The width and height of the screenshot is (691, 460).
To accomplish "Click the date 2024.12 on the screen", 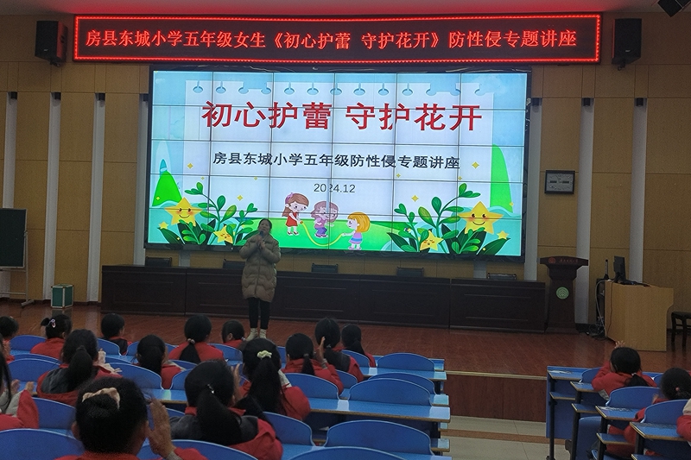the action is pyautogui.click(x=334, y=188).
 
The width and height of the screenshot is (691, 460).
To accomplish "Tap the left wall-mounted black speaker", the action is pyautogui.click(x=51, y=41).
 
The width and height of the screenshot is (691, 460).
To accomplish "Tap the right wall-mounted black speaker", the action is pyautogui.click(x=625, y=41).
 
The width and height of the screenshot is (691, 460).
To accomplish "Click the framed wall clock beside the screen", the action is pyautogui.click(x=560, y=182).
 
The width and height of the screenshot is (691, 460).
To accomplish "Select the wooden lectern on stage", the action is pyautogui.click(x=564, y=293).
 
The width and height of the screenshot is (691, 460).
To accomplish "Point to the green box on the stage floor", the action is pyautogui.click(x=62, y=295).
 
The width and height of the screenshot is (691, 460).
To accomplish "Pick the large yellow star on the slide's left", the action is pyautogui.click(x=184, y=211).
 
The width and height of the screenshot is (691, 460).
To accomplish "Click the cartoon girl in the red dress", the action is pyautogui.click(x=295, y=213).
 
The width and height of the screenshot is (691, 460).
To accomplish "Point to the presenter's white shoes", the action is pyautogui.click(x=257, y=334).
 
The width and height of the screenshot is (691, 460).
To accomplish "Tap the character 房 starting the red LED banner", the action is pyautogui.click(x=93, y=39).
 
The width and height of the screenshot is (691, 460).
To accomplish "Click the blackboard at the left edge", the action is pyautogui.click(x=12, y=237).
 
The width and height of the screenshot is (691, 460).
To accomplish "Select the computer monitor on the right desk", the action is pyautogui.click(x=619, y=268).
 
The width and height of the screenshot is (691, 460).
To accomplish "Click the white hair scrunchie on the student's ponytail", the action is pyautogui.click(x=264, y=354).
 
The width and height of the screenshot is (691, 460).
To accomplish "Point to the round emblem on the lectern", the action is pyautogui.click(x=561, y=293).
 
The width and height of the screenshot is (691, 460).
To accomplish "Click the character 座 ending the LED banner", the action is pyautogui.click(x=567, y=39).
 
